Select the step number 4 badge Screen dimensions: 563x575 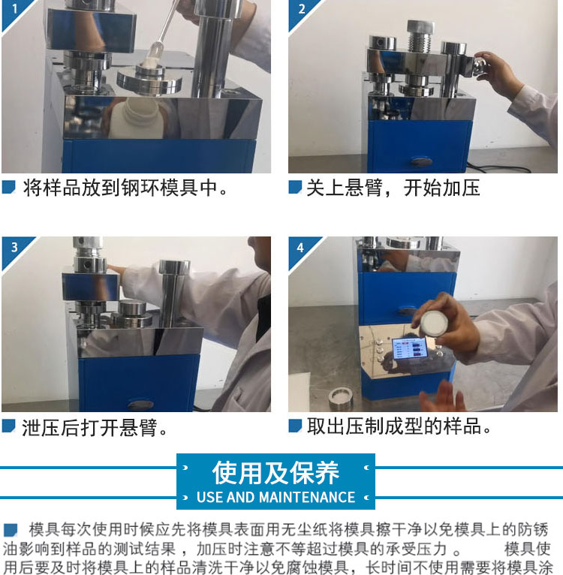pos(300,248)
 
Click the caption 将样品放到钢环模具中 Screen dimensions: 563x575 pos(125,188)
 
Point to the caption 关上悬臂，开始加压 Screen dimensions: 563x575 pos(393,188)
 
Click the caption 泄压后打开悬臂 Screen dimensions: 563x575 pos(95,428)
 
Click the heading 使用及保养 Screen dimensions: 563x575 pos(275,473)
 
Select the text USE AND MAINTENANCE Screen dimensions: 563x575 pos(275,497)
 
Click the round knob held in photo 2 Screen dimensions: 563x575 pos(481,66)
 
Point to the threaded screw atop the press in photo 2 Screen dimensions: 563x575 pos(420,38)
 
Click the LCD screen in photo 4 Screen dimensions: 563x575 pos(410,348)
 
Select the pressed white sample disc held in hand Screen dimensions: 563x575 pos(435,323)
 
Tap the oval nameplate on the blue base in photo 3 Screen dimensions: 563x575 pos(141,405)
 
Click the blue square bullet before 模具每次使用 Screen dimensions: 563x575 pos(11,530)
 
